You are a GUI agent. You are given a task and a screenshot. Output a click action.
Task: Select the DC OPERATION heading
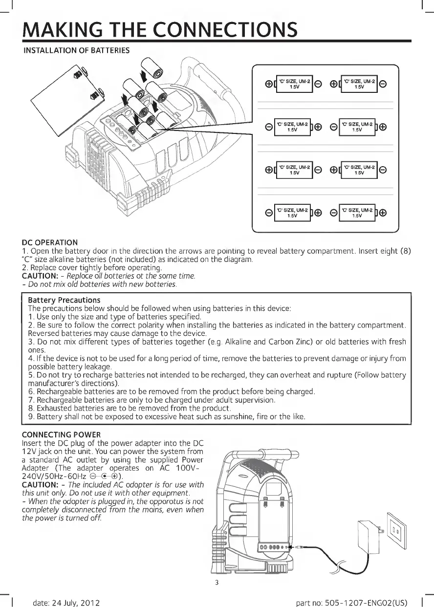50,242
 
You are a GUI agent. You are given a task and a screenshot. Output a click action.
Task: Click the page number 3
217,583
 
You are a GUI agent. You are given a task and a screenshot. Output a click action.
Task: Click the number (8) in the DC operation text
405,251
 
